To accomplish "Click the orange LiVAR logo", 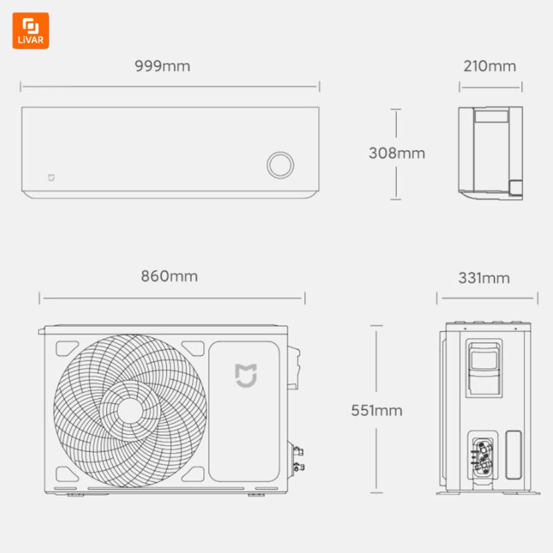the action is click(30, 30).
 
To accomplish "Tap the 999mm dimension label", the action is click(162, 66).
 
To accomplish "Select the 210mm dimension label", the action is click(489, 66).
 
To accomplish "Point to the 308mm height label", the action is click(397, 153).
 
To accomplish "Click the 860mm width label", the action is click(169, 276).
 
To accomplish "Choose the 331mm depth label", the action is click(484, 278).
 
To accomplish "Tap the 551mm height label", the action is click(377, 410).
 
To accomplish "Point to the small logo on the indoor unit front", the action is click(51, 178).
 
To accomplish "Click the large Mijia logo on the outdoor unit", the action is click(246, 375).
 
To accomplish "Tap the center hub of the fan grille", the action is click(130, 410).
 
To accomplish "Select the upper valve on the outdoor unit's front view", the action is click(298, 451).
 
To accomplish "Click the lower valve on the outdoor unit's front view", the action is click(299, 467).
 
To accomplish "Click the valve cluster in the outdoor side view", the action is click(482, 457).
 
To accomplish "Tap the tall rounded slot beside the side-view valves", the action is click(514, 455).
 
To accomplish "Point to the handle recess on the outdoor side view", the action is click(484, 368).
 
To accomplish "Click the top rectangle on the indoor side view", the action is click(491, 116).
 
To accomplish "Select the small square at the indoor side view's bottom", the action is click(516, 187).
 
